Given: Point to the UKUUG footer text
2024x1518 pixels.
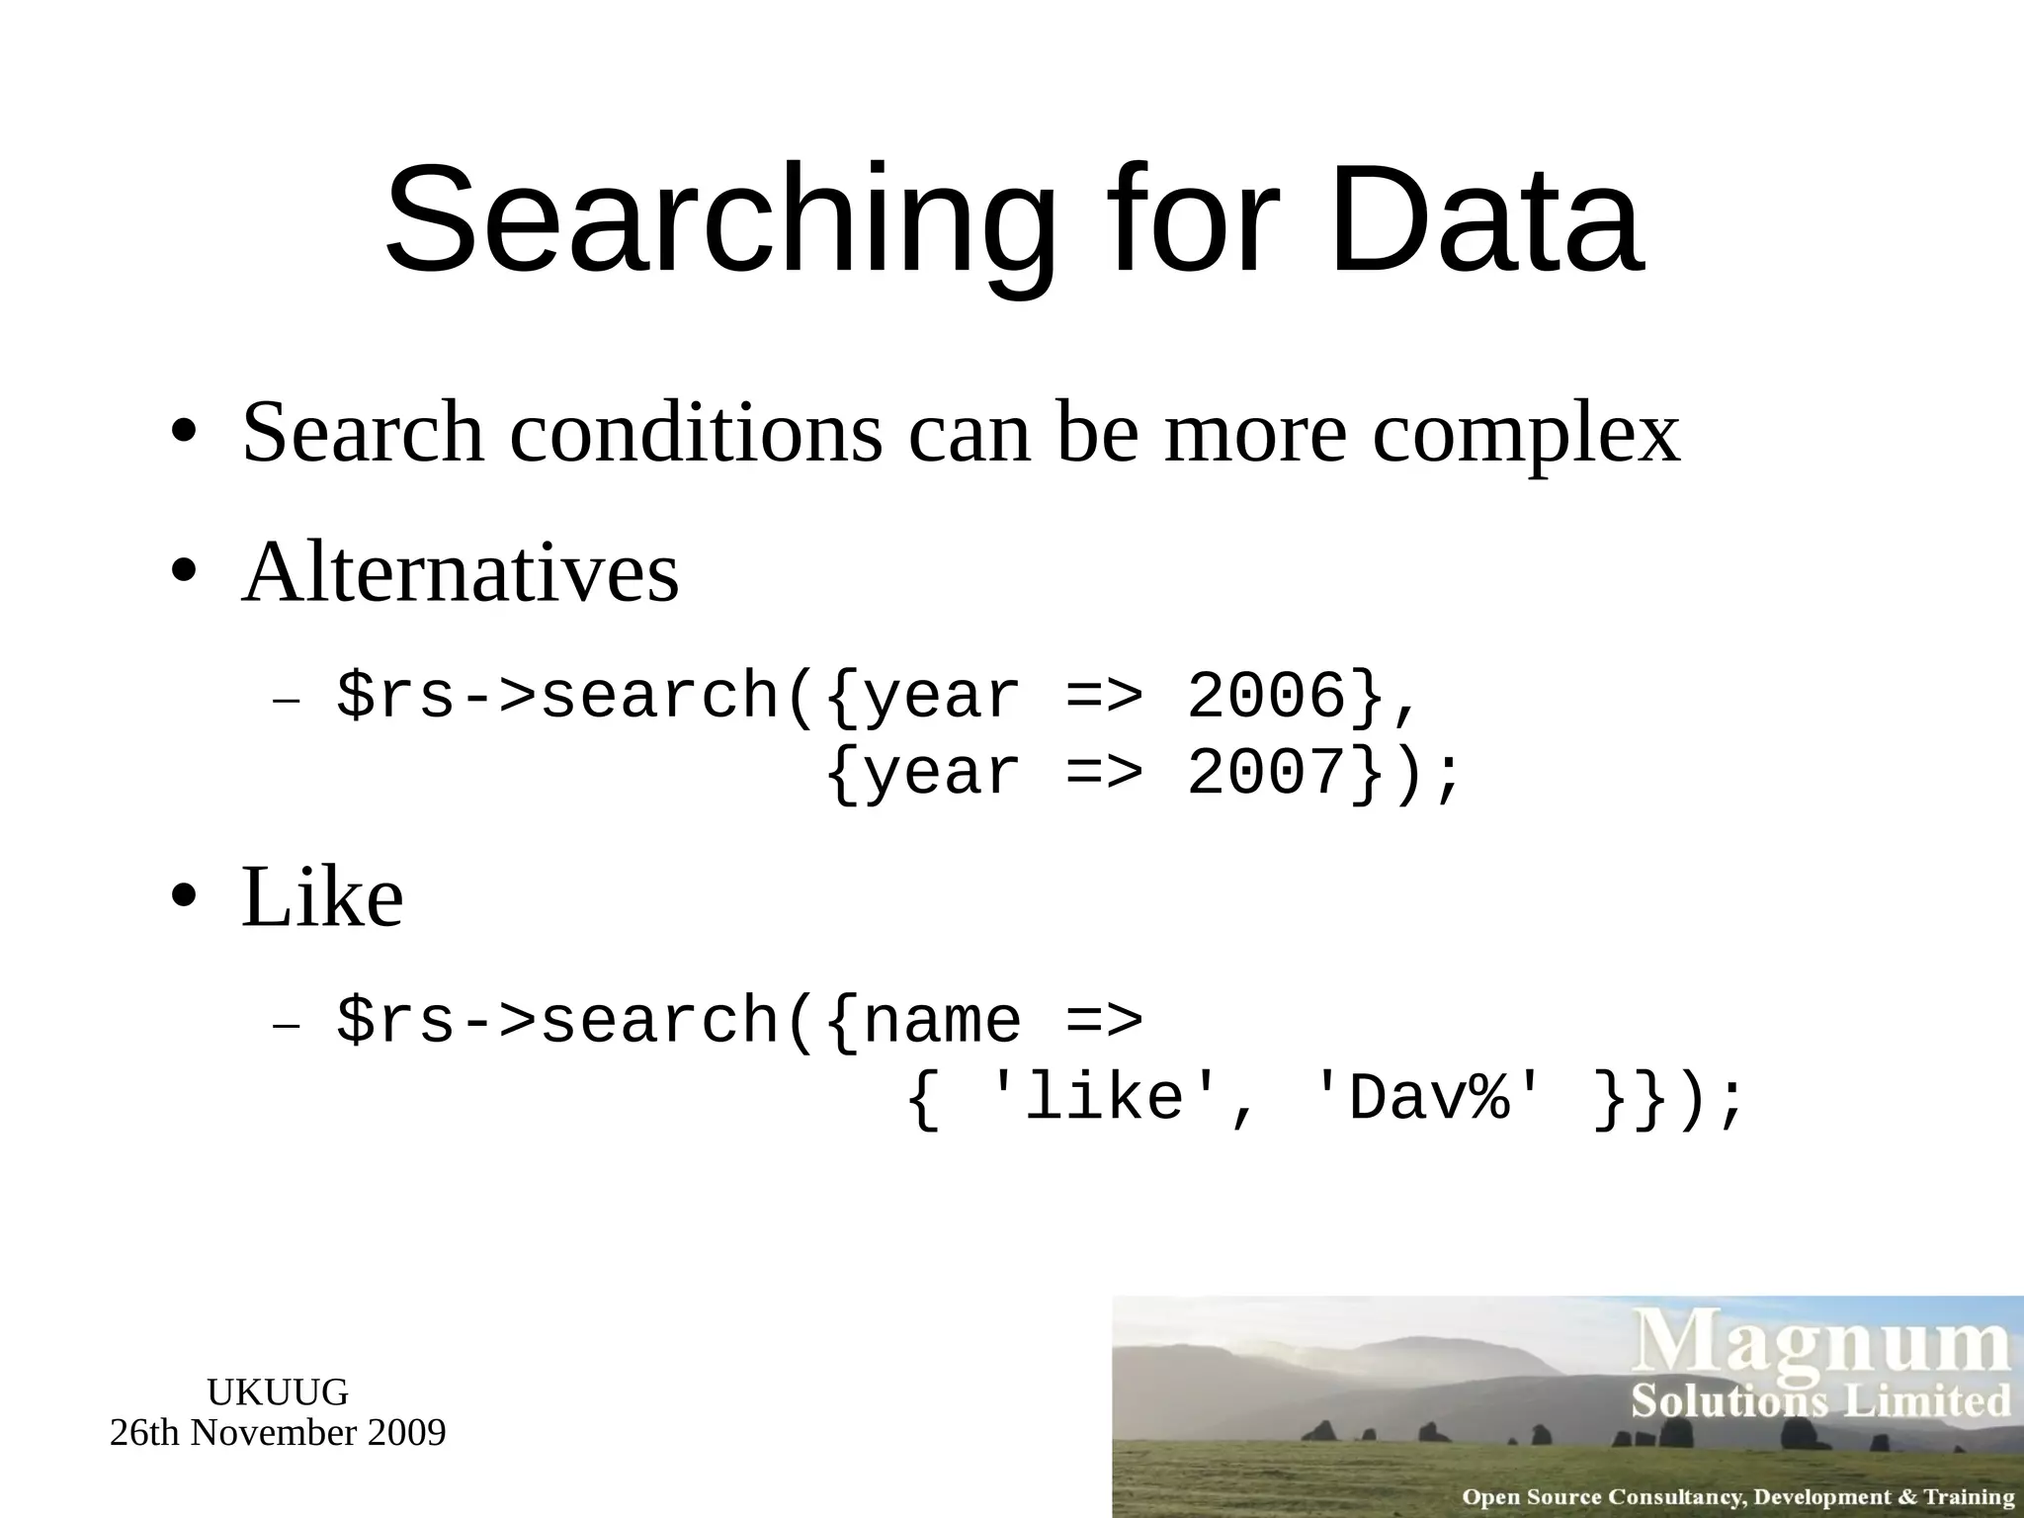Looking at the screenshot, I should point(278,1392).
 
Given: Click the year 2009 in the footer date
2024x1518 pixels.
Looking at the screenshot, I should point(406,1433).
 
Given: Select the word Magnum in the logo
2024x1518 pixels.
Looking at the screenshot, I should point(1820,1347).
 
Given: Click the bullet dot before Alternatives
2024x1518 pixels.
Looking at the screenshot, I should point(183,574).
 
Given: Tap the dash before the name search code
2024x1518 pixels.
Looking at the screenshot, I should point(286,1025).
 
